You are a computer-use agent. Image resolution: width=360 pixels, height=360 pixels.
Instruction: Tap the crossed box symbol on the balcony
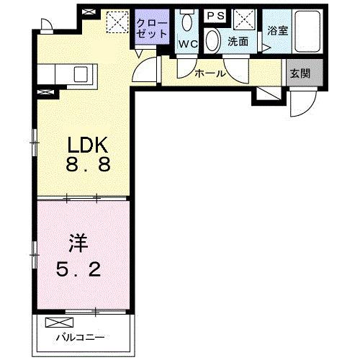(55, 323)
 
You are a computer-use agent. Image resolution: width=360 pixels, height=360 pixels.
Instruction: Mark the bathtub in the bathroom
(306, 32)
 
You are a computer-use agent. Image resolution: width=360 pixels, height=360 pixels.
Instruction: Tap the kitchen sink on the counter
(80, 73)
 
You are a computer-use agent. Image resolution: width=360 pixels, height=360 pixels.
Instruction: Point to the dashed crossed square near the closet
(115, 23)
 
